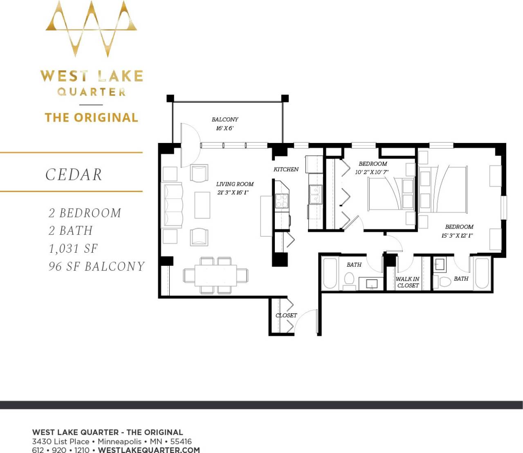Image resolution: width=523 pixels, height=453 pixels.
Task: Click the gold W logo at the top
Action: tap(91, 29)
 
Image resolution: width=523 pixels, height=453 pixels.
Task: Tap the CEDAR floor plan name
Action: tap(74, 174)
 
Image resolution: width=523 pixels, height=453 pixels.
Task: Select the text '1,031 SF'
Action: tap(73, 249)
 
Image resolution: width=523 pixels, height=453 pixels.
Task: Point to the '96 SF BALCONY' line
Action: tap(97, 267)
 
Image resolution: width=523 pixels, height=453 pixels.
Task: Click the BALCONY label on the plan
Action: tap(225, 120)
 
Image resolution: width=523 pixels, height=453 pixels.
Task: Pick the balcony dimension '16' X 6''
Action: tap(224, 128)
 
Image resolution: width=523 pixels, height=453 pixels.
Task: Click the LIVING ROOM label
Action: tap(235, 184)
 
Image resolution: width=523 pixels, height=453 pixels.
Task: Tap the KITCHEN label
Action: tap(286, 169)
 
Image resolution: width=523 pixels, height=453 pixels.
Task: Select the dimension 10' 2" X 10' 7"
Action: tap(371, 172)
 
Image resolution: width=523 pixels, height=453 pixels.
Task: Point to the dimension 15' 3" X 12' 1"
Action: tap(457, 236)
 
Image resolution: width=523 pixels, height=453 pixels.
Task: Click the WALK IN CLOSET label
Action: tap(408, 282)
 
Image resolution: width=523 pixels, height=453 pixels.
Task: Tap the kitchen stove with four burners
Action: tap(281, 200)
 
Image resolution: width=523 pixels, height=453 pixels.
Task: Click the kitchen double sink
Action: tap(315, 194)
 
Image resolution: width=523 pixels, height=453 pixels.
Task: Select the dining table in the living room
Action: tap(215, 275)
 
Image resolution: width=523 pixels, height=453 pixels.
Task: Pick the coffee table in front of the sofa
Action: tap(202, 205)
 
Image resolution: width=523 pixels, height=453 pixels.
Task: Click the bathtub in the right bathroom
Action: tap(482, 273)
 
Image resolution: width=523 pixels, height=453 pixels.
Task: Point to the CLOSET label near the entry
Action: tap(286, 315)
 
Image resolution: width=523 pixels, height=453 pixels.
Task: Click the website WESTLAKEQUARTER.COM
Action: tap(149, 450)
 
